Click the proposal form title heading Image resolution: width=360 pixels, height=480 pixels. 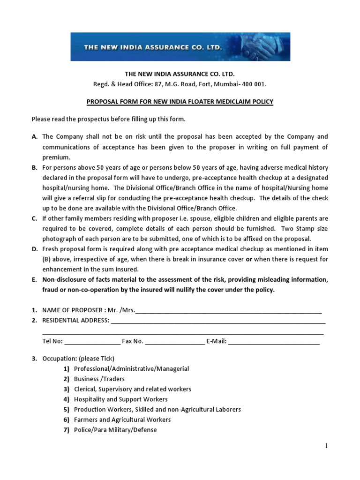pos(180,102)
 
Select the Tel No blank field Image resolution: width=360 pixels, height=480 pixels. pos(92,342)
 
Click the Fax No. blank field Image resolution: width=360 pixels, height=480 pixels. pos(175,342)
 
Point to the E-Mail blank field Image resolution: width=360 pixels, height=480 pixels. pos(274,342)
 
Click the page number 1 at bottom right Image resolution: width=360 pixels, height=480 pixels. pos(326,446)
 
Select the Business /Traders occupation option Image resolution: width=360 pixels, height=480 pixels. pos(99,379)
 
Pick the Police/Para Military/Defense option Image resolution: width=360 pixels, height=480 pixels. pos(115,430)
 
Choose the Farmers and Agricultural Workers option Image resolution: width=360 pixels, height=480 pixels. pos(122,420)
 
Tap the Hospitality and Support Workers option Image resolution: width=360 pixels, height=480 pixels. pos(120,399)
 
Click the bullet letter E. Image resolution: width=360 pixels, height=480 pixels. pos(34,280)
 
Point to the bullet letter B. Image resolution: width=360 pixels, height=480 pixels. pos(34,167)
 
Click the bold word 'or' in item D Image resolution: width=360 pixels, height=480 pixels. pos(249,259)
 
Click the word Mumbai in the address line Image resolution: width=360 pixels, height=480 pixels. pos(226,84)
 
